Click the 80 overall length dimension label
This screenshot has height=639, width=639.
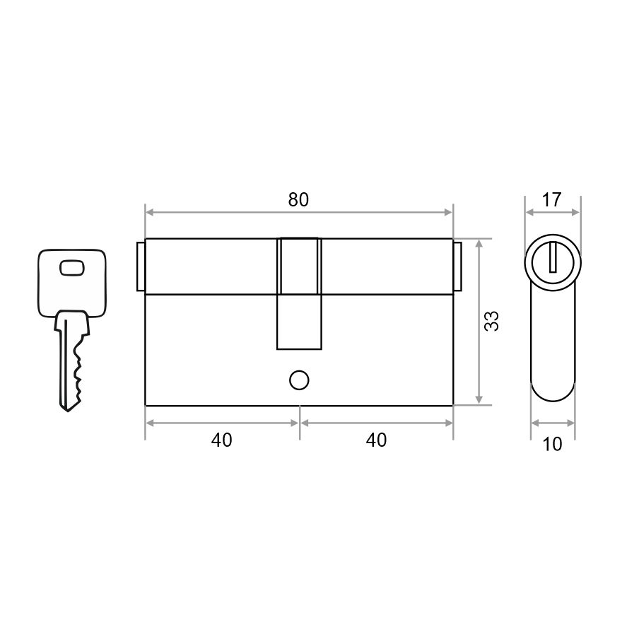pos(298,199)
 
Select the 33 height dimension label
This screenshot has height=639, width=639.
pos(491,321)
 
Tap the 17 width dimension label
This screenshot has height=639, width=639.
pos(552,200)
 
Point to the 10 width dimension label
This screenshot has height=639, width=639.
pos(553,444)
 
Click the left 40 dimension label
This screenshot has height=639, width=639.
pos(222,440)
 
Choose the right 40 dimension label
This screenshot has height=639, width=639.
pos(376,440)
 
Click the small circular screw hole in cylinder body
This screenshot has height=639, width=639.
pos(299,380)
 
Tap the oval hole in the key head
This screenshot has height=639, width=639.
pos(72,268)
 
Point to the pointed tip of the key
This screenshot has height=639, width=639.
pos(67,410)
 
